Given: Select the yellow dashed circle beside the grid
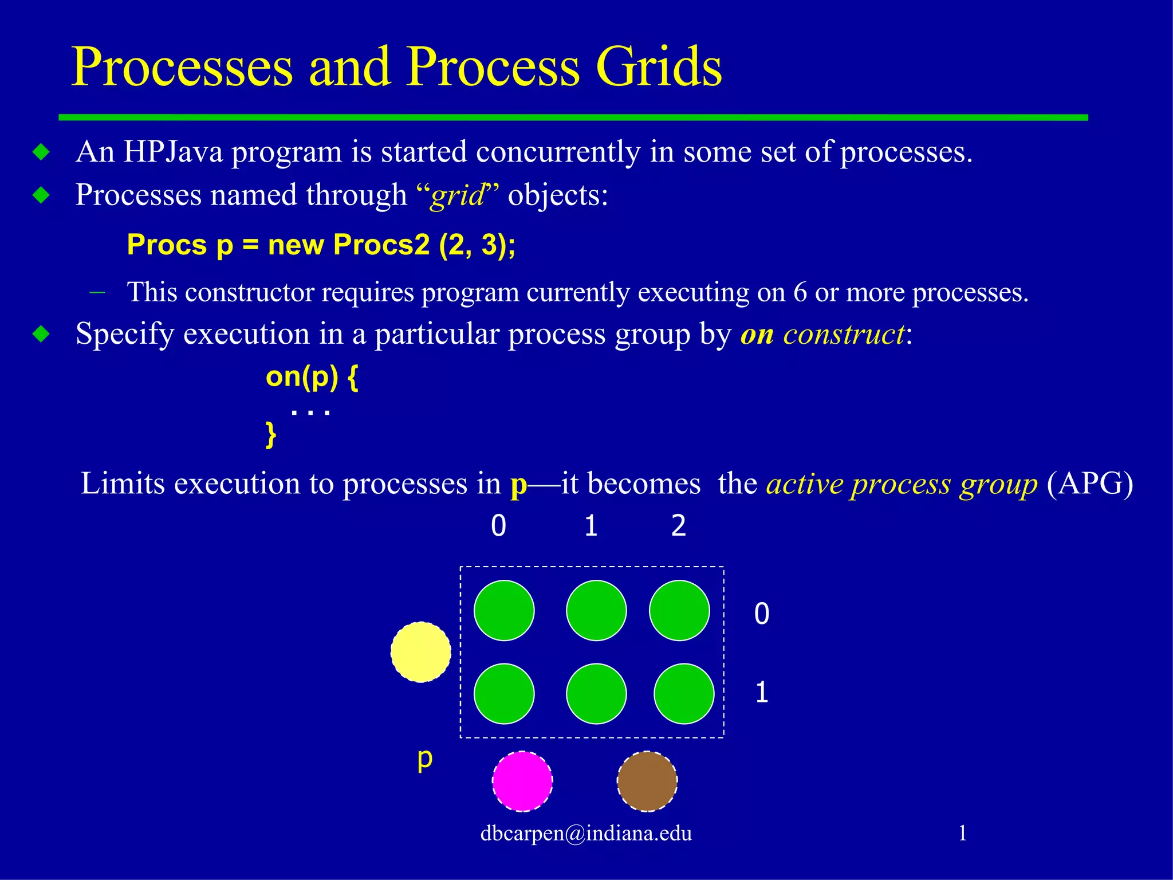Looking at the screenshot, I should point(421,652).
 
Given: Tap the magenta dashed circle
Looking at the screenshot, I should point(522,781).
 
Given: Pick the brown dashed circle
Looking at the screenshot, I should point(647,781).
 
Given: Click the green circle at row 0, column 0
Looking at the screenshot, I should point(504,610).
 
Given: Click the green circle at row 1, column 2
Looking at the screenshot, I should point(684,694).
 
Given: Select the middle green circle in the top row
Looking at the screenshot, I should point(596,610).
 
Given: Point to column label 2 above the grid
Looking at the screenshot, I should point(679,525).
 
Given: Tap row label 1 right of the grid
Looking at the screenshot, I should point(761,693).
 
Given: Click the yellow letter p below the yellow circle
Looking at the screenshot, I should point(424,759).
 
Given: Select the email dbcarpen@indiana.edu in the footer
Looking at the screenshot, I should point(586,833).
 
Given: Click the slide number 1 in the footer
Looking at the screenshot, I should point(962,832).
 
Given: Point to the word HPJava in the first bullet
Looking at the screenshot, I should point(173,152).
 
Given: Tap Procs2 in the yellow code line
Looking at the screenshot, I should point(381,245).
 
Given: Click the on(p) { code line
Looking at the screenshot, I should point(312,378).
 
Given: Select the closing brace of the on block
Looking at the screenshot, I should point(271,435).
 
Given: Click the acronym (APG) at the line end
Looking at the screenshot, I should point(1089,484).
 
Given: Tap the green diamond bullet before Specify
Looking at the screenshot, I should point(41,334).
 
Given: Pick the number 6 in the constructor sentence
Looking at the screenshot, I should point(800,293).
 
